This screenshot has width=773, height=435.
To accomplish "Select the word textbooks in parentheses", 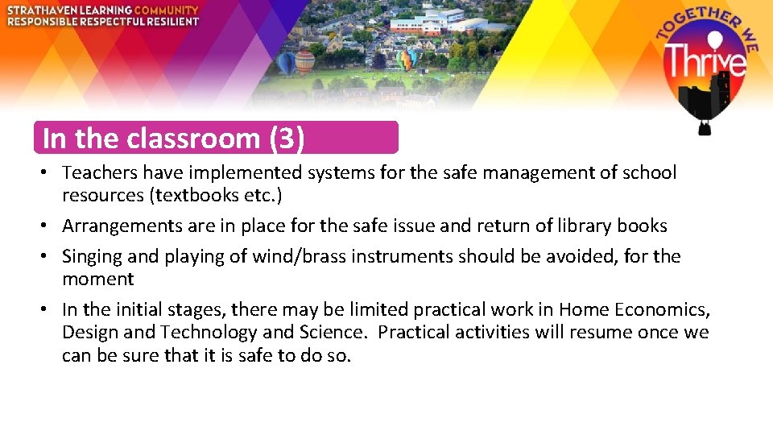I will point(201,195).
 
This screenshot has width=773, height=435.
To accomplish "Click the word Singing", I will point(92,257).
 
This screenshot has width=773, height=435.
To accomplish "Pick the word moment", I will point(97,280).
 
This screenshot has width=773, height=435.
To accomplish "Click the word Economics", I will point(663,310).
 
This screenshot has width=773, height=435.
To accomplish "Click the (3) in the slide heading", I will point(287,139).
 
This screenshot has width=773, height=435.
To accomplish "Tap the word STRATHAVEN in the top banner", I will point(40,10).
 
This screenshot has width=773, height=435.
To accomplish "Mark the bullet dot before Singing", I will point(49,257).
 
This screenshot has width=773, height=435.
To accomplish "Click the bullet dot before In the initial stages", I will point(49,310).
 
